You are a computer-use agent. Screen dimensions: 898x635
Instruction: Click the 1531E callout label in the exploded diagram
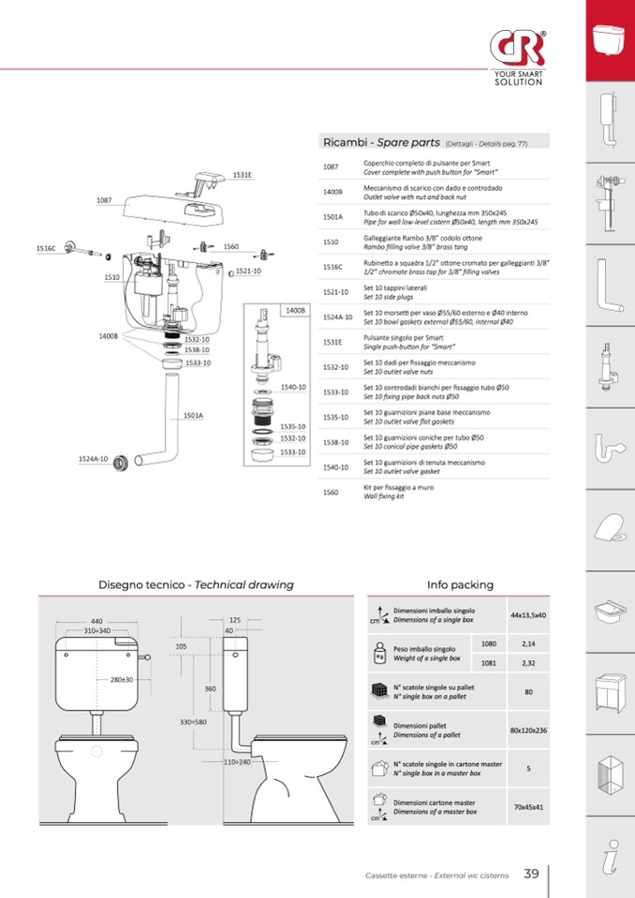(x=243, y=175)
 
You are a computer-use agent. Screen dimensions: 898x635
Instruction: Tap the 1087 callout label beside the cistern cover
(x=104, y=200)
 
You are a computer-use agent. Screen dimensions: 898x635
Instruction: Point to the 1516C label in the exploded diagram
(x=46, y=248)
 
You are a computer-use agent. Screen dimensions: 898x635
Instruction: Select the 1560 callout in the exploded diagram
(x=231, y=247)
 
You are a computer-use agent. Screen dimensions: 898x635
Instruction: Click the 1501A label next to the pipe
(x=193, y=415)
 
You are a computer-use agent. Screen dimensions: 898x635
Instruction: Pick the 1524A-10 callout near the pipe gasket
(x=93, y=459)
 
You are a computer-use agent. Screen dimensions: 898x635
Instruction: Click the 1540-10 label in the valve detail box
(x=294, y=387)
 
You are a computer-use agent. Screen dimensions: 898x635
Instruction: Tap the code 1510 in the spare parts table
(x=331, y=242)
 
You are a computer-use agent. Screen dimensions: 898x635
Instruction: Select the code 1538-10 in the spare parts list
(x=335, y=442)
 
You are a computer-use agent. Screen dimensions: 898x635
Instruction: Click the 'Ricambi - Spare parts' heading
(x=381, y=142)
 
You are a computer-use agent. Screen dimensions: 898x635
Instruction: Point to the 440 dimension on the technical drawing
(x=96, y=621)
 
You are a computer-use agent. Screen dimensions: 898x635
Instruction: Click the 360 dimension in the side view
(x=211, y=688)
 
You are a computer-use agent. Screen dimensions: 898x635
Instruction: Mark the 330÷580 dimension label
(x=194, y=722)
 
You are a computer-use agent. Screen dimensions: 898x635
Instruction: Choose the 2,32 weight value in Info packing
(x=528, y=662)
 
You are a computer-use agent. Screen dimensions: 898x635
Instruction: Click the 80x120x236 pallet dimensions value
(x=528, y=730)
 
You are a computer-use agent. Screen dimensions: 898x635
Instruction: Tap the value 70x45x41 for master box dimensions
(x=528, y=806)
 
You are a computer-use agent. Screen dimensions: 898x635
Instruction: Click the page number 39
(x=531, y=874)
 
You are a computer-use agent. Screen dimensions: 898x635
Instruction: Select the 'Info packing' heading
(x=460, y=584)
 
